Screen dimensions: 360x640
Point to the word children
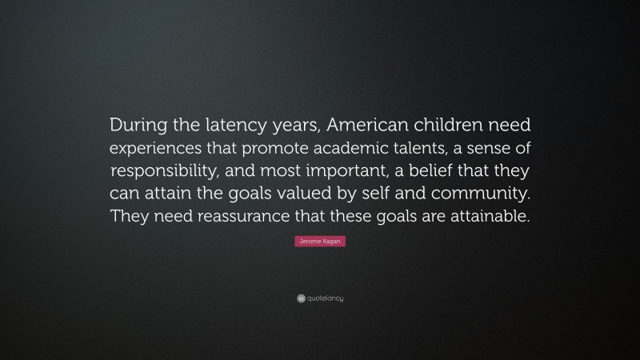(x=454, y=126)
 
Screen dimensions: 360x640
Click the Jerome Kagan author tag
(x=320, y=241)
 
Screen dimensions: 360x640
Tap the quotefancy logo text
(x=324, y=298)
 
